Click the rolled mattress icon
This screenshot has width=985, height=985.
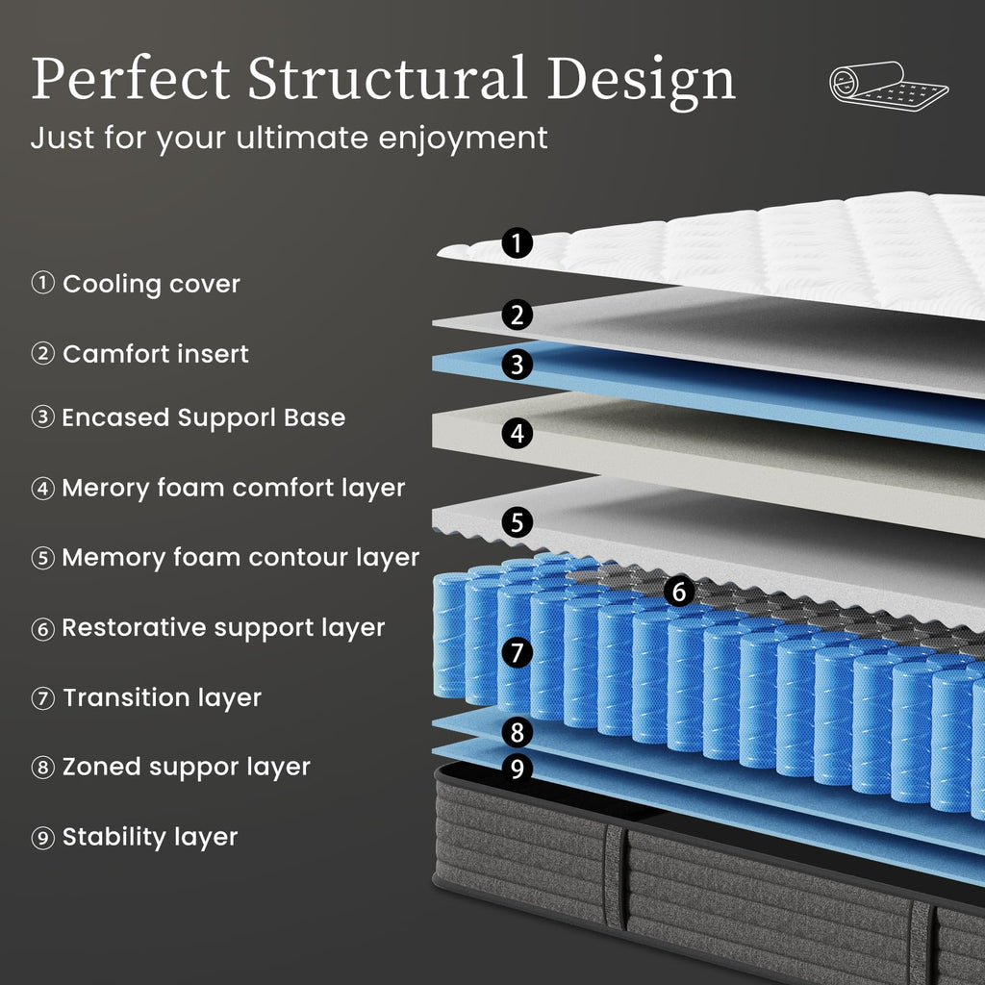pyautogui.click(x=888, y=86)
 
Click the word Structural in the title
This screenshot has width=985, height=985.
pyautogui.click(x=387, y=78)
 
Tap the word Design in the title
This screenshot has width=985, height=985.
pyautogui.click(x=642, y=83)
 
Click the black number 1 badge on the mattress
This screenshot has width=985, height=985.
pyautogui.click(x=517, y=242)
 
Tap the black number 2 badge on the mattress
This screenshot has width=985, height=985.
pyautogui.click(x=517, y=315)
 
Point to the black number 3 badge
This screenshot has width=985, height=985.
pyautogui.click(x=517, y=365)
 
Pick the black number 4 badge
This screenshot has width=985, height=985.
pyautogui.click(x=517, y=434)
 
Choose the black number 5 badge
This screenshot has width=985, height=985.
pyautogui.click(x=517, y=522)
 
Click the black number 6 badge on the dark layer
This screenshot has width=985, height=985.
pyautogui.click(x=679, y=592)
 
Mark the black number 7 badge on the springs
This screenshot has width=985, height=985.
pyautogui.click(x=517, y=652)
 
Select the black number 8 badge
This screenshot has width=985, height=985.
pyautogui.click(x=517, y=732)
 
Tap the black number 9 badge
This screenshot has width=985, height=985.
pyautogui.click(x=517, y=768)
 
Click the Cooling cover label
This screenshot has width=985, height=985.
pyautogui.click(x=151, y=285)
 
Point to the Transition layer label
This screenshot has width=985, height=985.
pyautogui.click(x=162, y=697)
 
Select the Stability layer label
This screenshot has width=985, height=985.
pyautogui.click(x=150, y=837)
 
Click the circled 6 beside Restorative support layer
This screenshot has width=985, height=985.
pyautogui.click(x=42, y=628)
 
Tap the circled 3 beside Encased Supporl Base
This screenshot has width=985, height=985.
pyautogui.click(x=42, y=417)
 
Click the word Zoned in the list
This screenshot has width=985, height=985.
pyautogui.click(x=101, y=767)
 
